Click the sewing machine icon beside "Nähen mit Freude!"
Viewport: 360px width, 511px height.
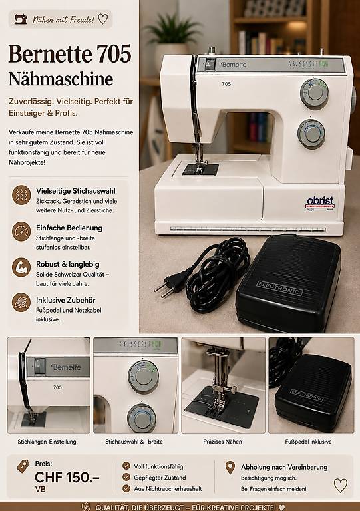21,19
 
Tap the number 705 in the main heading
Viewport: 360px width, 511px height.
114,54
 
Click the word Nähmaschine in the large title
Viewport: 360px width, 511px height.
61,79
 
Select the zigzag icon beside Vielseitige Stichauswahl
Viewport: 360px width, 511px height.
21,194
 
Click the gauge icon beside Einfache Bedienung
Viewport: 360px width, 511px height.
21,231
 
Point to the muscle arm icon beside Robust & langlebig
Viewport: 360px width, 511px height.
21,267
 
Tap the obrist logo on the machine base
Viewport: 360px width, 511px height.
320,203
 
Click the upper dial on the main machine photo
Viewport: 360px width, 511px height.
314,94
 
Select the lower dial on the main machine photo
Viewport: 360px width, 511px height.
311,134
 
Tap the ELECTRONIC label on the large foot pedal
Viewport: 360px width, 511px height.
279,288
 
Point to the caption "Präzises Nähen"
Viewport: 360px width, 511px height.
222,442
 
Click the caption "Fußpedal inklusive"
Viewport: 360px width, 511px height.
308,442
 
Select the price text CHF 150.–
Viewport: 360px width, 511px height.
67,478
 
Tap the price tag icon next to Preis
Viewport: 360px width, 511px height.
23,466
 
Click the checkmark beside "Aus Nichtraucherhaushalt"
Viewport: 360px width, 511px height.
126,488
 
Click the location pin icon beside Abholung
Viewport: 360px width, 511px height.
230,468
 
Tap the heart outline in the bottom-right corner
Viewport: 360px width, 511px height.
341,486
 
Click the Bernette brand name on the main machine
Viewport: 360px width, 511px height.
234,64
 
